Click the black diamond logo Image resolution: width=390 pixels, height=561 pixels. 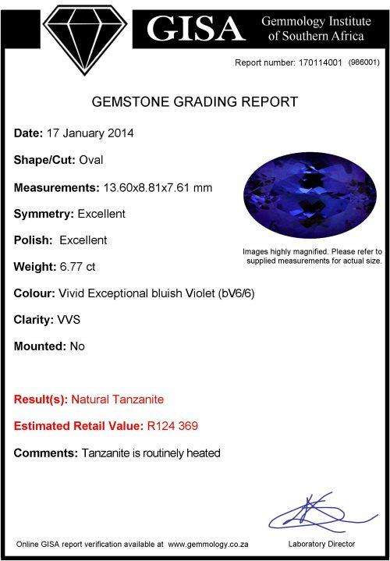tap(85, 39)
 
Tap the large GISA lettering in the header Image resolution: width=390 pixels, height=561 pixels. tap(196, 29)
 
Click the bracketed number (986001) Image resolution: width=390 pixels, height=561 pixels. tap(363, 62)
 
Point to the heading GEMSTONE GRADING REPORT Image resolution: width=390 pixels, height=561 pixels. tap(195, 102)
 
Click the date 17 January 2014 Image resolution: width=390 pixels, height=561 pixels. tap(90, 133)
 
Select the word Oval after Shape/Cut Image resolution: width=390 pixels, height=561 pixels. tap(91, 160)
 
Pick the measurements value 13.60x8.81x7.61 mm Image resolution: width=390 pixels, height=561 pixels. tap(158, 187)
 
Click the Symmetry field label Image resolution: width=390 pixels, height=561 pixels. tap(44, 215)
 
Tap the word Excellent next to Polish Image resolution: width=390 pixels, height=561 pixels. tap(83, 240)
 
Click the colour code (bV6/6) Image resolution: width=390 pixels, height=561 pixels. tap(236, 293)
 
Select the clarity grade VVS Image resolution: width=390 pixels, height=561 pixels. tap(69, 319)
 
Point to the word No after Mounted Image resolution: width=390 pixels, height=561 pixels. tap(77, 346)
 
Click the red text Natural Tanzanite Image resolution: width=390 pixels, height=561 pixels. tap(117, 399)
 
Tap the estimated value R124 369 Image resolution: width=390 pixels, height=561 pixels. tap(172, 426)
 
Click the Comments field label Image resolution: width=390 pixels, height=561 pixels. tap(46, 453)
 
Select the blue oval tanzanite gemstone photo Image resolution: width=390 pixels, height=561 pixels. tap(310, 195)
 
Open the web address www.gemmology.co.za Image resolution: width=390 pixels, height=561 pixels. tap(208, 545)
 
